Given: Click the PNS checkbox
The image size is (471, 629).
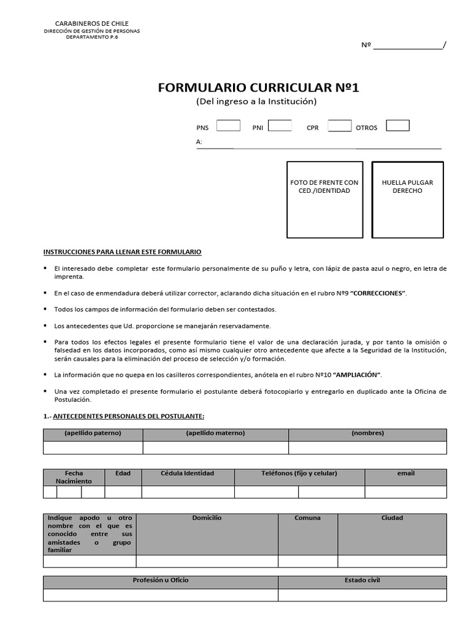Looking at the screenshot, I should [x=228, y=126].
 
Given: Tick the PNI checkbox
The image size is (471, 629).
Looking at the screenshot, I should [x=280, y=126].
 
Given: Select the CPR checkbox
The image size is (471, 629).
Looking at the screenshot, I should [x=339, y=126].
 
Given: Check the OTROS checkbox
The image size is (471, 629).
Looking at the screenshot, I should [x=397, y=126].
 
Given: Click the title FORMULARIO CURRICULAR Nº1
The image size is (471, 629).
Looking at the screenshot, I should [x=258, y=87].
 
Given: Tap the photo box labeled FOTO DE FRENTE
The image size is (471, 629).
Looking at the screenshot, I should [x=324, y=200].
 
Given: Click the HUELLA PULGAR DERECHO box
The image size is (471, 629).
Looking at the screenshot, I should [x=407, y=200].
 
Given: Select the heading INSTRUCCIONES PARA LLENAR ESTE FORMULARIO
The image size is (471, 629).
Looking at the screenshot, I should [x=122, y=252].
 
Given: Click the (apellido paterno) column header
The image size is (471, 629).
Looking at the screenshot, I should [x=93, y=434].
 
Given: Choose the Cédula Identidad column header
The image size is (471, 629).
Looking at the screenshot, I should [x=188, y=474].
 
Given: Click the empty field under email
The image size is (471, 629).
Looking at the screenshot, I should [x=405, y=491].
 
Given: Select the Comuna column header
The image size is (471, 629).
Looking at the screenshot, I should [x=307, y=518].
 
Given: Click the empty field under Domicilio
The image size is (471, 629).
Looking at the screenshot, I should [x=207, y=561].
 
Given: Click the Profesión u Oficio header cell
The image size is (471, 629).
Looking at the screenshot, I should [x=161, y=580].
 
